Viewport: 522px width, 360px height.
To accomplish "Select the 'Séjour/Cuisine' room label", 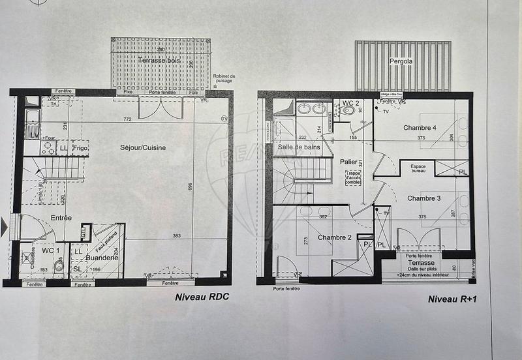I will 143,147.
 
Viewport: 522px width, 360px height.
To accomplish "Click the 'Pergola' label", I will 401,62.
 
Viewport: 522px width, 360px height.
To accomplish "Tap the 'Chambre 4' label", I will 420,127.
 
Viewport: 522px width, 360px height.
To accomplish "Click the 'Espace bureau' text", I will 418,170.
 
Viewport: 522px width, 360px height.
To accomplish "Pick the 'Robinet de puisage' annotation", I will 224,80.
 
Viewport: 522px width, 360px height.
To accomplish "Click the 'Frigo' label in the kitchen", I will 80,149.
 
